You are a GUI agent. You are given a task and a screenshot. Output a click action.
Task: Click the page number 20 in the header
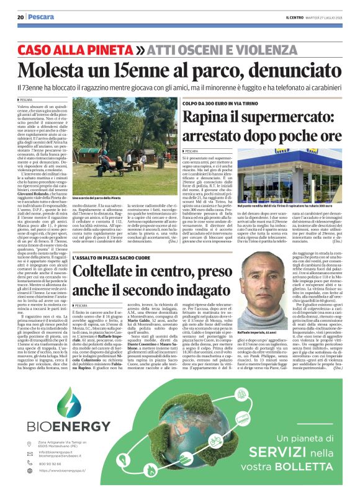(x=20, y=17)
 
